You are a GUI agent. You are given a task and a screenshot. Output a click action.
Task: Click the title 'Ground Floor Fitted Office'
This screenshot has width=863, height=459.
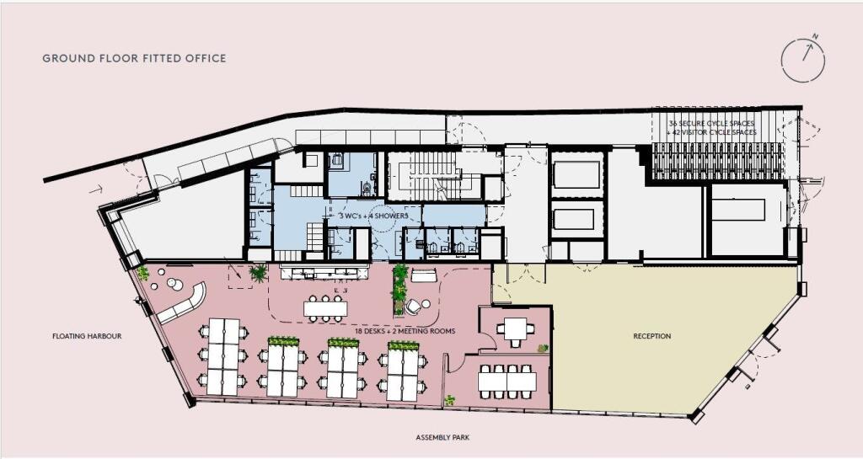click(x=134, y=59)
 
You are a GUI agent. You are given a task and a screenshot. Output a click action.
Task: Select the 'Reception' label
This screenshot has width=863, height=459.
click(x=651, y=337)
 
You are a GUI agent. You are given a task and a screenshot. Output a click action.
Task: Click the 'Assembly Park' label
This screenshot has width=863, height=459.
click(x=442, y=438)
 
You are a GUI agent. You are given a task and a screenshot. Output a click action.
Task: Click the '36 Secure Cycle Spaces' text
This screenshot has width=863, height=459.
click(x=712, y=124)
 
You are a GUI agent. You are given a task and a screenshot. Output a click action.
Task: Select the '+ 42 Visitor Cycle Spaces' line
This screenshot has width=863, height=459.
click(x=712, y=133)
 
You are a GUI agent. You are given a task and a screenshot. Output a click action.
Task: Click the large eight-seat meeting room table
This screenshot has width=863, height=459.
click(x=507, y=382)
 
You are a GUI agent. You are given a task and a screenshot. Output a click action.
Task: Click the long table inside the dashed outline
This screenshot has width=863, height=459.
click(x=325, y=308)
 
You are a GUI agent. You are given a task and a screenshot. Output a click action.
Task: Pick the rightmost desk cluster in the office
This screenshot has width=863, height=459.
click(x=403, y=374)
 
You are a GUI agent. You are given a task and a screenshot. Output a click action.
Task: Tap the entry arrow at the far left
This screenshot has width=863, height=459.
click(x=99, y=190)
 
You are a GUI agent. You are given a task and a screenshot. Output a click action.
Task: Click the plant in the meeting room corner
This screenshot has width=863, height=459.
click(x=543, y=348)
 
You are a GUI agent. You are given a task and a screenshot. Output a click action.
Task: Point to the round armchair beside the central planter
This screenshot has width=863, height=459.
click(x=414, y=307)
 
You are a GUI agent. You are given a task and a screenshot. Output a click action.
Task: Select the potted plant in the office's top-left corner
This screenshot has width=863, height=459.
click(x=143, y=273)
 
